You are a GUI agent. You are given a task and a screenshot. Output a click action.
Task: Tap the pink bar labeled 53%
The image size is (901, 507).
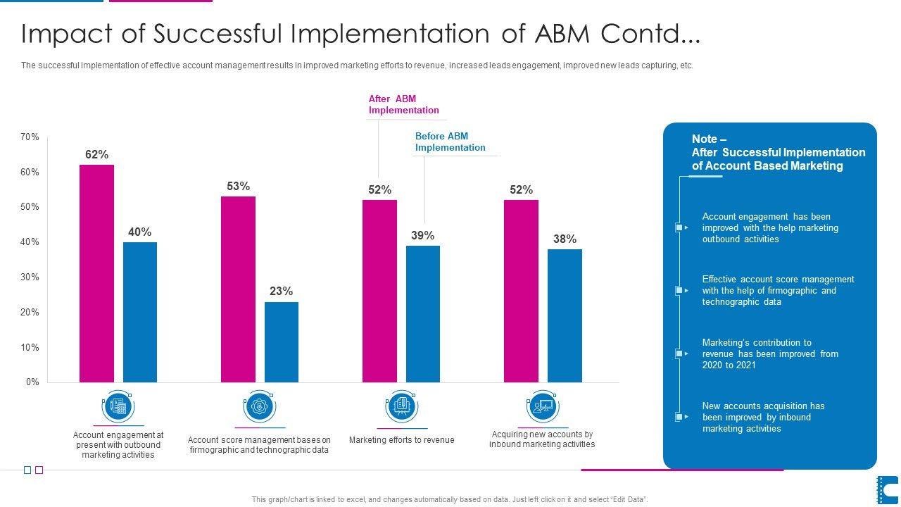(x=238, y=289)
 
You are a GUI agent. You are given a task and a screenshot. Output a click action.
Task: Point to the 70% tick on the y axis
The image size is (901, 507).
(x=30, y=137)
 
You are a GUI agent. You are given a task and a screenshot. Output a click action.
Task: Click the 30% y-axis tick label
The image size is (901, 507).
(x=30, y=277)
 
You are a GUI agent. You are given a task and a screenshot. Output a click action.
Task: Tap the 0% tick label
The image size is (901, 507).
(x=32, y=382)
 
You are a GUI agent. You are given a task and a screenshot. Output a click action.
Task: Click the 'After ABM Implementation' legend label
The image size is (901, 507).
(x=403, y=104)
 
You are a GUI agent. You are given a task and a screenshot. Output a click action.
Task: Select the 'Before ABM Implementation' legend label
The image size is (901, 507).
(x=450, y=142)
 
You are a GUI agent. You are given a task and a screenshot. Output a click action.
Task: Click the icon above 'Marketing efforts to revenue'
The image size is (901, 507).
(x=401, y=406)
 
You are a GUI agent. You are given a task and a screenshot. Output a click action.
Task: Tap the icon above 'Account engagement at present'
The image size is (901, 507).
(x=118, y=406)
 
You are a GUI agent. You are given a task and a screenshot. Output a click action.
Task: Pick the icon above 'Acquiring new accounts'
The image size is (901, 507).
(x=542, y=406)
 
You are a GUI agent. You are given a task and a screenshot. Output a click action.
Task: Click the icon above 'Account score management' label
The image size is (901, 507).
(x=260, y=406)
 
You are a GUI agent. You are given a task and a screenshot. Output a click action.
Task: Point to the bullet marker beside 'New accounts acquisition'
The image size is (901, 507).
(x=680, y=417)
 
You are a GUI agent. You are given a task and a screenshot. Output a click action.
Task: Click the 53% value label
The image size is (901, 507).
(x=238, y=186)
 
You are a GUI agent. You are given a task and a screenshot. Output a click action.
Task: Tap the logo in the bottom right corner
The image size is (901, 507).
(x=887, y=489)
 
